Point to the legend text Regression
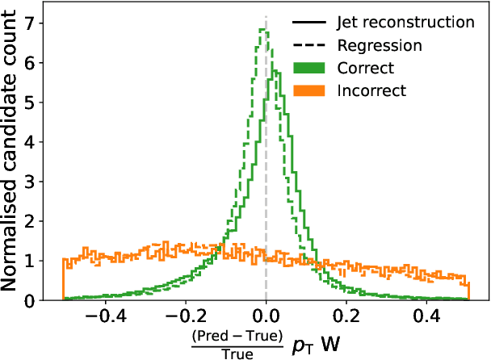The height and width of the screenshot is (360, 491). click(x=376, y=45)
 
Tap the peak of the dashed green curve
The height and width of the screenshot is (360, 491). click(x=262, y=29)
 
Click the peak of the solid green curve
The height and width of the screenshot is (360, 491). click(x=275, y=70)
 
